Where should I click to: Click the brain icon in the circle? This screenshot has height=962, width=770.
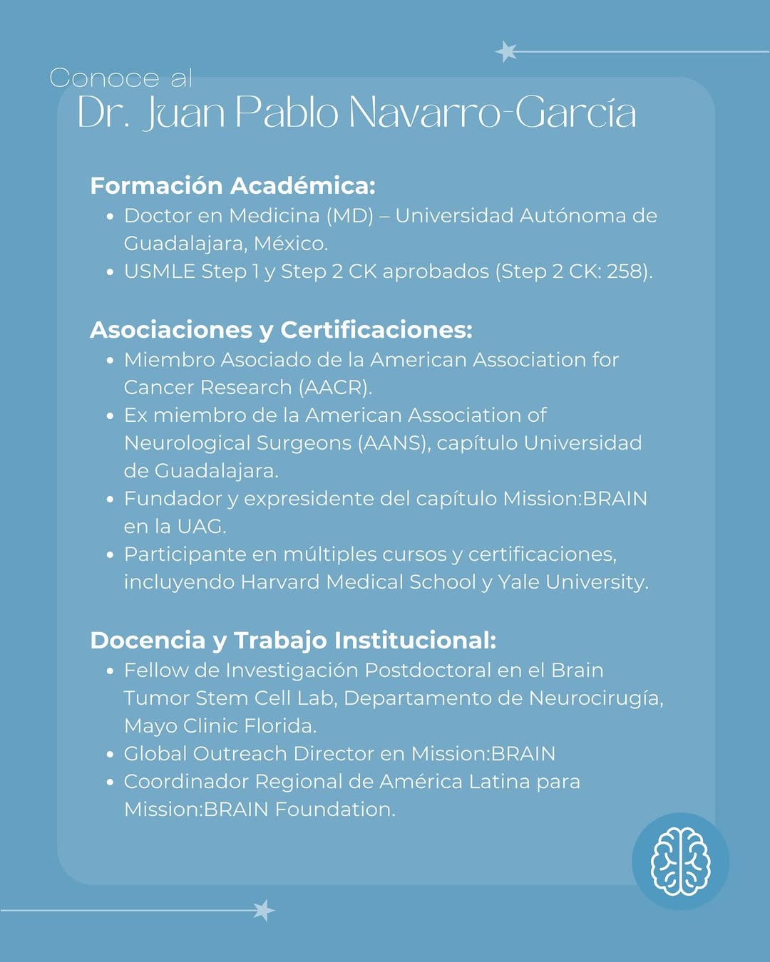pyautogui.click(x=680, y=861)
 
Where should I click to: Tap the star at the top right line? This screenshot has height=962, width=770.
pyautogui.click(x=506, y=51)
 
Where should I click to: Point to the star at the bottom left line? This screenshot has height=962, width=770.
pyautogui.click(x=263, y=910)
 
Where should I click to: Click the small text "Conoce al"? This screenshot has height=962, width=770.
pyautogui.click(x=120, y=78)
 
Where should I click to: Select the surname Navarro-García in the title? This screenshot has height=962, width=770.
pyautogui.click(x=492, y=113)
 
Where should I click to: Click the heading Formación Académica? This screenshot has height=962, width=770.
pyautogui.click(x=232, y=185)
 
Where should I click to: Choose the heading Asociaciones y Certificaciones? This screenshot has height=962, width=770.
pyautogui.click(x=281, y=329)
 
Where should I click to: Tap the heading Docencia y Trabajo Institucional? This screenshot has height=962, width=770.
pyautogui.click(x=293, y=640)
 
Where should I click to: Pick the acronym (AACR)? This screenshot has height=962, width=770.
pyautogui.click(x=334, y=388)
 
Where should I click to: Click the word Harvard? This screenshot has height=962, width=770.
pyautogui.click(x=279, y=582)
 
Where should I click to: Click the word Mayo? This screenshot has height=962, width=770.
pyautogui.click(x=150, y=726)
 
